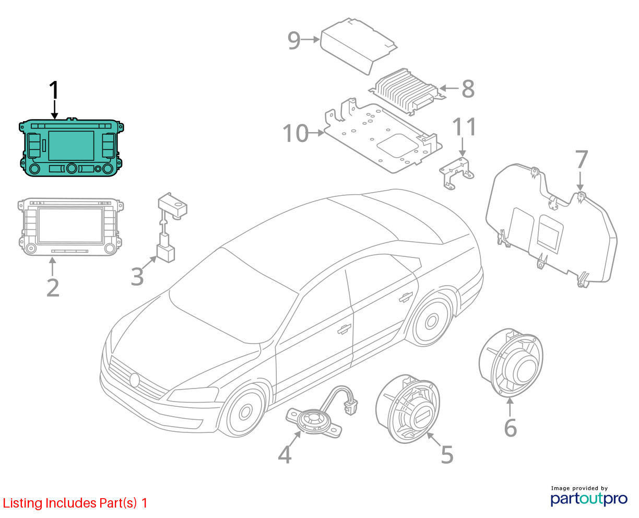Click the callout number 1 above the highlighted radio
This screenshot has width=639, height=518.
[x=54, y=91]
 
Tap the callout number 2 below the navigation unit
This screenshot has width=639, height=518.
[x=53, y=287]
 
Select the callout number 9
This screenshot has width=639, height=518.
[x=294, y=40]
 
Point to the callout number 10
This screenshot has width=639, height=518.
[x=295, y=133]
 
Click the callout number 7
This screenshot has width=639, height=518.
[x=581, y=160]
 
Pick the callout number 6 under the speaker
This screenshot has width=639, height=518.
[x=510, y=428]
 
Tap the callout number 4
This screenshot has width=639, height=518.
[x=285, y=454]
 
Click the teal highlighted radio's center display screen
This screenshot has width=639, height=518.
[x=71, y=146]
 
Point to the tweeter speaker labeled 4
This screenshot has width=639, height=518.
[x=313, y=420]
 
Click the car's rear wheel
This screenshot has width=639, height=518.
[x=433, y=319]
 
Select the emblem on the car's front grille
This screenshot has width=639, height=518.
[x=135, y=380]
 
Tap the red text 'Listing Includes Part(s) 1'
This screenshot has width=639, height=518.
[x=75, y=503]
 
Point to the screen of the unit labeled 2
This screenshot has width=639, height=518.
[x=70, y=225]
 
